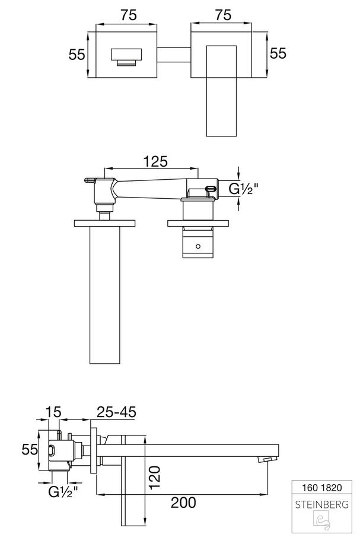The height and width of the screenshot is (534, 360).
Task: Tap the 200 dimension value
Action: pyautogui.click(x=183, y=503)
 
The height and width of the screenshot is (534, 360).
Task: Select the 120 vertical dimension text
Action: pyautogui.click(x=154, y=477)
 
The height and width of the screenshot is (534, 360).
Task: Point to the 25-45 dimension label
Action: pyautogui.click(x=116, y=412)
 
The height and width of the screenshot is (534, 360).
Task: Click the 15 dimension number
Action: pyautogui.click(x=53, y=412)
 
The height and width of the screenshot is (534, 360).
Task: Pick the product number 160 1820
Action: pyautogui.click(x=322, y=488)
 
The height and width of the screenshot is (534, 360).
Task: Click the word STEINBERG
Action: pyautogui.click(x=322, y=504)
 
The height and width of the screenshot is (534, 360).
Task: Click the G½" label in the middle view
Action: pyautogui.click(x=243, y=189)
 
